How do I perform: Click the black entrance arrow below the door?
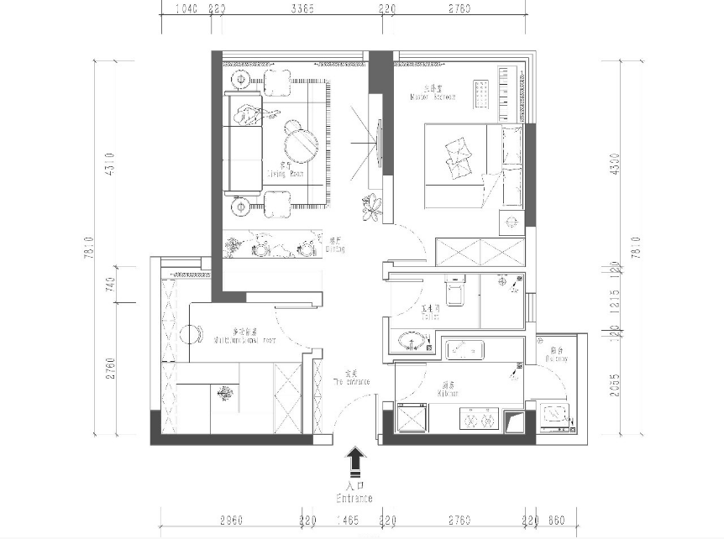point(356,460)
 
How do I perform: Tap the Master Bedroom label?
point(433,92)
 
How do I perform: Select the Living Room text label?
point(285,170)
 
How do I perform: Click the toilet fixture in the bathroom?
point(455,293)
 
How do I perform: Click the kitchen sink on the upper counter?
point(463,347)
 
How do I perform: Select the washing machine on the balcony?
point(555,415)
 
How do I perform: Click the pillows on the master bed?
point(459,155)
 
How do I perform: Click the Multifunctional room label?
point(244,337)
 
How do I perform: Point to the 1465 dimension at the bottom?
point(349,521)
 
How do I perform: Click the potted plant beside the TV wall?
point(370,207)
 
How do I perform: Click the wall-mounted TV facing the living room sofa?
point(380,144)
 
